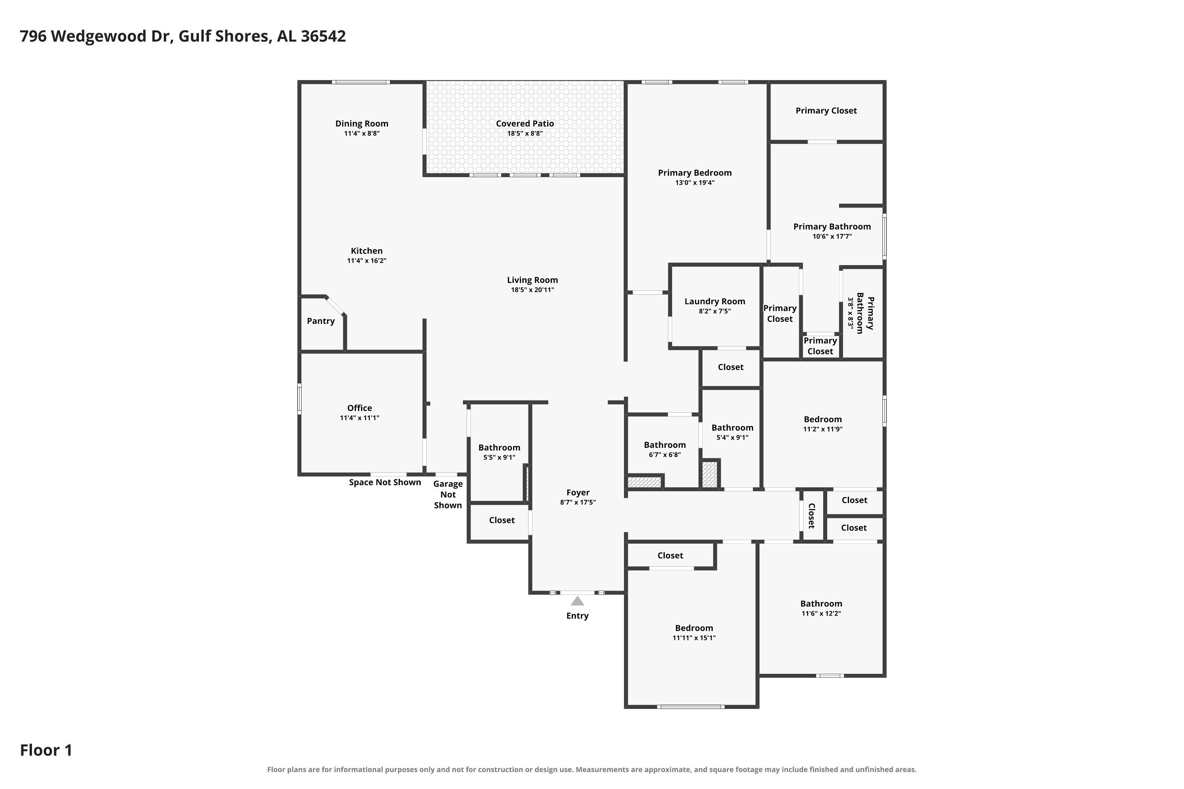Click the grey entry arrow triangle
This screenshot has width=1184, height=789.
(577, 601)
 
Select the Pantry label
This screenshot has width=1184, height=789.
(320, 321)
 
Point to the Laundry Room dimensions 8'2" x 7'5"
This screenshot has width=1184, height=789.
(714, 311)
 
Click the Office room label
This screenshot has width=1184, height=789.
(360, 408)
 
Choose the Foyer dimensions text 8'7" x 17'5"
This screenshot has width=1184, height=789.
(577, 502)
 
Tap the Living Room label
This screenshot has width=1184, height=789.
(532, 280)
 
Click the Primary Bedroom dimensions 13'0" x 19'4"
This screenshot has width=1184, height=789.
(695, 183)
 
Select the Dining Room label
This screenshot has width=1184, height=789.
(362, 124)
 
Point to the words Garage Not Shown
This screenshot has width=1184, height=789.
(448, 495)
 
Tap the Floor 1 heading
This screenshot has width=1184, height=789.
(46, 750)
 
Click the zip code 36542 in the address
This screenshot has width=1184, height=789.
(323, 36)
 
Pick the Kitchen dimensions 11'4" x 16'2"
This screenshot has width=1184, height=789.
(367, 261)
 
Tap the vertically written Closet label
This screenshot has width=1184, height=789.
(811, 516)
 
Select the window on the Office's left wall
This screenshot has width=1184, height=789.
(299, 399)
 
